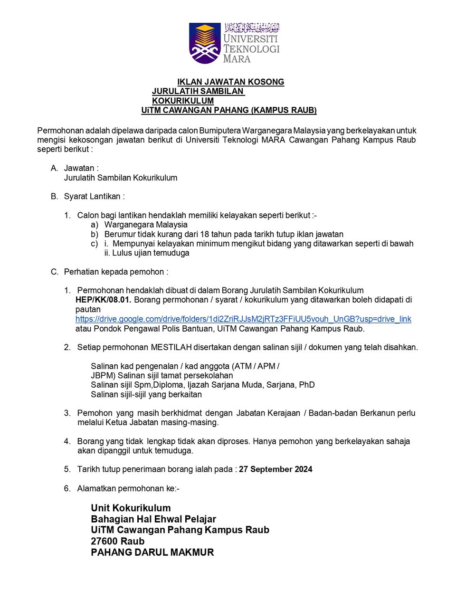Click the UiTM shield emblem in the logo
(205, 43)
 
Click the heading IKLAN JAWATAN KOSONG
(230, 82)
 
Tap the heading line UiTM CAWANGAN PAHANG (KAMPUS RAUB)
(228, 110)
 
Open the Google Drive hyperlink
(243, 319)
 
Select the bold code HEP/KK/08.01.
(104, 300)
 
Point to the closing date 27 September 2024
(275, 469)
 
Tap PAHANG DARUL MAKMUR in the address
(152, 552)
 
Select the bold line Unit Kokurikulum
(131, 508)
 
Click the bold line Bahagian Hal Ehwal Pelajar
(153, 519)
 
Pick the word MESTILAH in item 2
(171, 347)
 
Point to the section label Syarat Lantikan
(94, 196)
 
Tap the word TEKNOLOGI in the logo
(251, 49)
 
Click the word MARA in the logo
(237, 59)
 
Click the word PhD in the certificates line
(306, 385)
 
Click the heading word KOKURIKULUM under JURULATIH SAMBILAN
(183, 101)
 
